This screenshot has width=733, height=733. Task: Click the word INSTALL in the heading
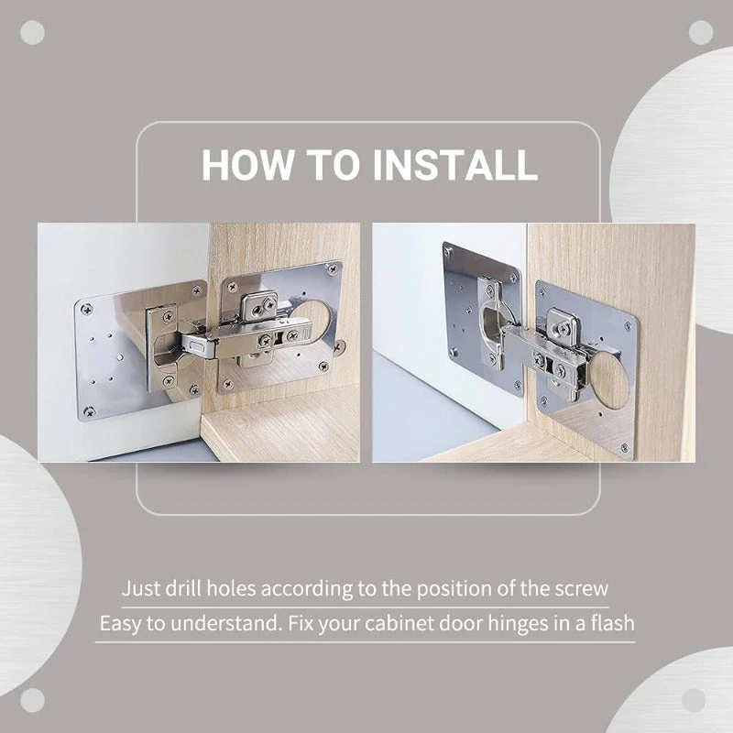click(454, 165)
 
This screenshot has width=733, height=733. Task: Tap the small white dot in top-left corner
click(32, 32)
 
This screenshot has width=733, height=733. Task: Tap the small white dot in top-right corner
click(701, 32)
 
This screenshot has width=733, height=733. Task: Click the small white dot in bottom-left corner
click(32, 701)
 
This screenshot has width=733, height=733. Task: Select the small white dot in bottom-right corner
click(701, 701)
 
